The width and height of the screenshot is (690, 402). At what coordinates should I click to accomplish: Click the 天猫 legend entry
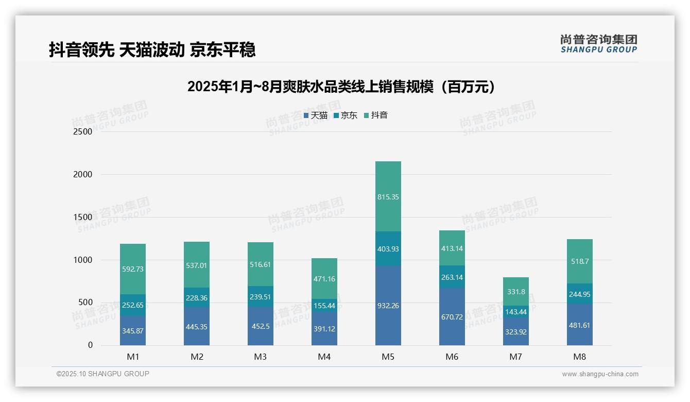[x=316, y=115]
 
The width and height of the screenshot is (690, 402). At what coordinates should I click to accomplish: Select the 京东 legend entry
[x=346, y=115]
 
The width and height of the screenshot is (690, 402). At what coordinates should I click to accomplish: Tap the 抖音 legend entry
[x=376, y=115]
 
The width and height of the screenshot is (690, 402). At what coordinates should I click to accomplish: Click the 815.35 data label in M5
[x=388, y=197]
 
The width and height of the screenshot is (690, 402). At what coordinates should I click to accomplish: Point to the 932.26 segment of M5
[x=388, y=306]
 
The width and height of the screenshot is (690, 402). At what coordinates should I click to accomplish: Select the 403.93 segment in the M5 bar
[x=388, y=249]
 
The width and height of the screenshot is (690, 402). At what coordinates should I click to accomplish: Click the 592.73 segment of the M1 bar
[x=133, y=269]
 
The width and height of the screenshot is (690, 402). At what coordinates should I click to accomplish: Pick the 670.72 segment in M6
[x=452, y=316]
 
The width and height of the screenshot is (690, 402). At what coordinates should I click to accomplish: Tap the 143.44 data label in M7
[x=516, y=312]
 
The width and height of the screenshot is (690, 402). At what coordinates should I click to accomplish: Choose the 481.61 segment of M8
[x=580, y=325]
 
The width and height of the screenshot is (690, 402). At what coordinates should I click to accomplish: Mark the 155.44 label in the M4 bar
[x=324, y=306]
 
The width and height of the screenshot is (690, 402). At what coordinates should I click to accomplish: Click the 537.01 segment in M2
[x=197, y=265]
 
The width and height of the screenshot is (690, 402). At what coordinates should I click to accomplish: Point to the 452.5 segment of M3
[x=261, y=326]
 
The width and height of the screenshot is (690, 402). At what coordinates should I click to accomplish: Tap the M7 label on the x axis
[x=516, y=357]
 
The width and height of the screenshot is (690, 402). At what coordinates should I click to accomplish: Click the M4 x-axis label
[x=324, y=357]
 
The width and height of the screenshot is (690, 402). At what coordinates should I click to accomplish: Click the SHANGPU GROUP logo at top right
[x=598, y=44]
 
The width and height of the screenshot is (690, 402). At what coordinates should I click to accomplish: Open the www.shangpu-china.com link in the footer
[x=600, y=374]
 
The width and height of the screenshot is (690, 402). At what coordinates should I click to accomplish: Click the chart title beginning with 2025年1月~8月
[x=342, y=87]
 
